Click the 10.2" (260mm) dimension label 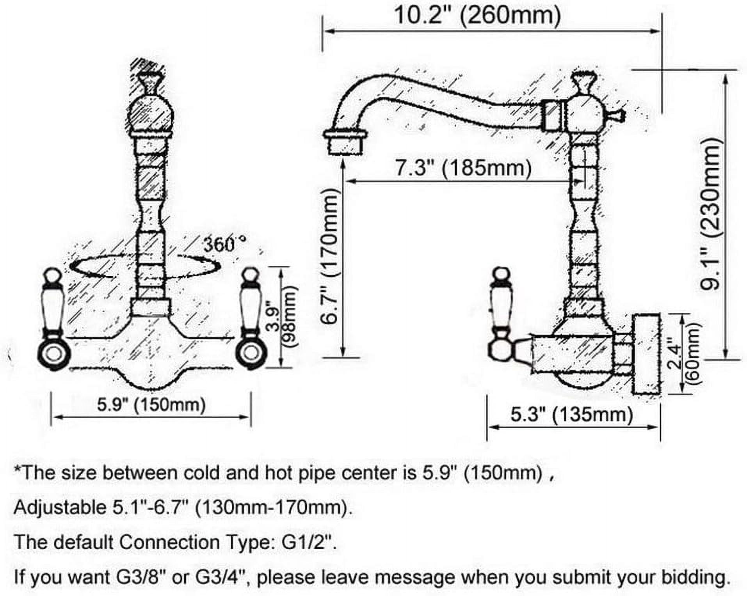477,16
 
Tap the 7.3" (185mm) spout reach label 463,168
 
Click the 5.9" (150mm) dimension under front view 151,404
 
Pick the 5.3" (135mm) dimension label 572,414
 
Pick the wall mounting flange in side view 646,353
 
